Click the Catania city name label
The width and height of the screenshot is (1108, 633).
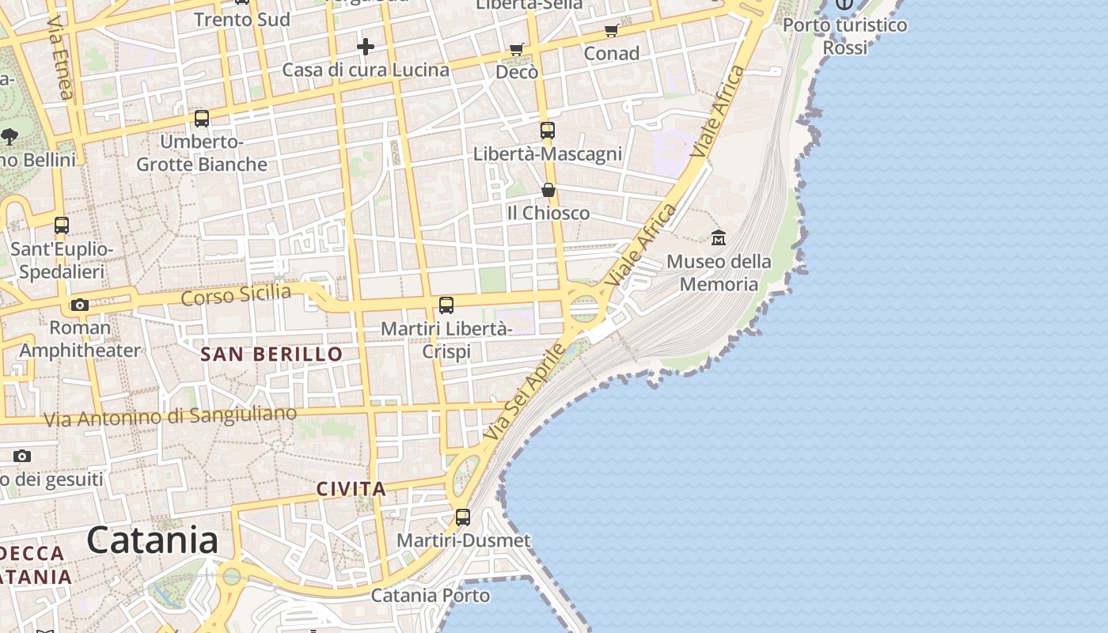click(152, 540)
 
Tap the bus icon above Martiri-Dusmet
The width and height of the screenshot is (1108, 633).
click(463, 517)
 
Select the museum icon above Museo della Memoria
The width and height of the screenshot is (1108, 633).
click(719, 237)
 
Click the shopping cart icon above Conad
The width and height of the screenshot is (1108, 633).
click(611, 31)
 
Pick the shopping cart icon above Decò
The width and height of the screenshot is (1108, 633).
click(517, 50)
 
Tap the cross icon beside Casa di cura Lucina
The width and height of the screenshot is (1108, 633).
click(365, 47)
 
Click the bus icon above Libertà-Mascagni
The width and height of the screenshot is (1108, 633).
click(548, 131)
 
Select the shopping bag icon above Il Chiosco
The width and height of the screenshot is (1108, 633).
click(548, 190)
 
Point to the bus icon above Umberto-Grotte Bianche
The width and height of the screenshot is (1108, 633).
click(202, 119)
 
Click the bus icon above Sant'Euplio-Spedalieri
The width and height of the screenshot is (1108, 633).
click(62, 226)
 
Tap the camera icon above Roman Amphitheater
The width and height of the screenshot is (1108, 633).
click(79, 305)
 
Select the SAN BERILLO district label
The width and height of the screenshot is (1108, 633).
click(271, 354)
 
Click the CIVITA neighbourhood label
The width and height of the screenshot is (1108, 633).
click(351, 489)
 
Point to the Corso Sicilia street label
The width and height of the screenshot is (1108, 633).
click(236, 294)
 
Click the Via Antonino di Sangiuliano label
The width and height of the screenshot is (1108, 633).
click(170, 416)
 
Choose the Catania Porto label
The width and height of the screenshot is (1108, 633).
click(431, 595)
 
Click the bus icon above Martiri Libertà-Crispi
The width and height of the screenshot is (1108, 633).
click(446, 305)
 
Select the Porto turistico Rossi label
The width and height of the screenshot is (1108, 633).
click(844, 36)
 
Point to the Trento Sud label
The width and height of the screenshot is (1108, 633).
click(241, 19)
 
